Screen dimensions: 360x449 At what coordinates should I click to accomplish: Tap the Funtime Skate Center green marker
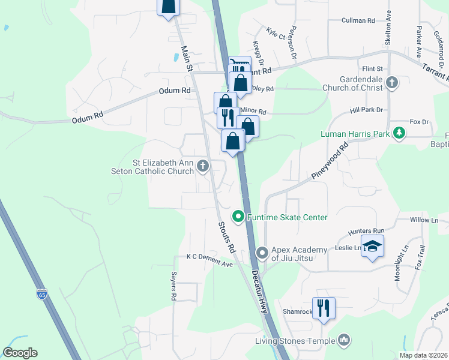pos(238,217)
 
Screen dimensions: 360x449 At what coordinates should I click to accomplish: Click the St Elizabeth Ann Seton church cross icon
pos(203,166)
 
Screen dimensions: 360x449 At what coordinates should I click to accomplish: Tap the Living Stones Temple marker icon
pos(344,341)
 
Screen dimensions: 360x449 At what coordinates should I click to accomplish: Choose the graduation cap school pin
pos(372,247)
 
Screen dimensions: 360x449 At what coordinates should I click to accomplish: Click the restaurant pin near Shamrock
pos(324,308)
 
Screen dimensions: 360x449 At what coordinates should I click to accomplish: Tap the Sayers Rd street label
pos(173,286)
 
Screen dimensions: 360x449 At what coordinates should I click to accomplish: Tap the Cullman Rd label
pos(358,20)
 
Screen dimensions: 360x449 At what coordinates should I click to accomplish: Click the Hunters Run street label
pos(366,231)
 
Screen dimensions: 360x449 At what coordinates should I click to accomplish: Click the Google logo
pos(20,353)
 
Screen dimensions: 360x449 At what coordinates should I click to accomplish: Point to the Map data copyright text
pos(423,355)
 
